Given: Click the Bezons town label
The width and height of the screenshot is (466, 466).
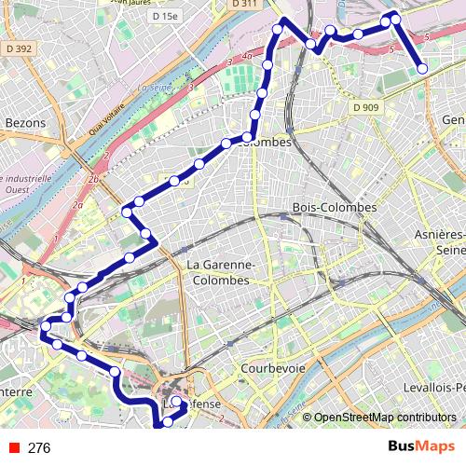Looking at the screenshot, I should pyautogui.click(x=25, y=122).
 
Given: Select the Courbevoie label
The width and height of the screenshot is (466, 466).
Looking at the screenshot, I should pyautogui.click(x=273, y=368).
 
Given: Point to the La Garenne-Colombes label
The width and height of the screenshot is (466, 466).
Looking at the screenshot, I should pyautogui.click(x=217, y=272).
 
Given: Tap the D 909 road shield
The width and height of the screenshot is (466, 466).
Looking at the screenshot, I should pyautogui.click(x=366, y=107).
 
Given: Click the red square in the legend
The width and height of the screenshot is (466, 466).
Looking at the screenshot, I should pyautogui.click(x=12, y=447).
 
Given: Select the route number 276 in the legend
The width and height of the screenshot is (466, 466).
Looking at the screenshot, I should pyautogui.click(x=39, y=447).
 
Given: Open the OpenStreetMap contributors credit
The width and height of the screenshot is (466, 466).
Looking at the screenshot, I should pyautogui.click(x=384, y=418).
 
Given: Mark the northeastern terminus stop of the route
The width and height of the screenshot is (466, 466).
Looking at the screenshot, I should pyautogui.click(x=422, y=67).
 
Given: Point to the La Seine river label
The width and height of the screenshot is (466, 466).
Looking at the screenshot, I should pyautogui.click(x=152, y=89).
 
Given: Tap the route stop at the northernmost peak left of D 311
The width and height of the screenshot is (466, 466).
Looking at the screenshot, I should pyautogui.click(x=277, y=30).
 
